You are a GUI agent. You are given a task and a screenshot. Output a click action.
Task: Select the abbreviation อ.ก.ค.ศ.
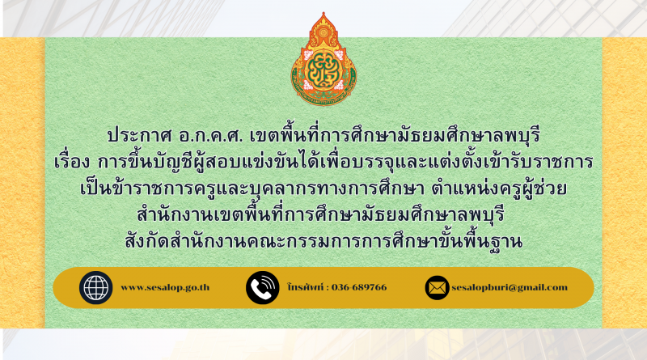211,136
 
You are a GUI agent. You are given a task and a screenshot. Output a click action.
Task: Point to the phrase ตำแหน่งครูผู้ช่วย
499,188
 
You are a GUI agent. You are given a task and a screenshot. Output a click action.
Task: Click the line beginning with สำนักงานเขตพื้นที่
321,214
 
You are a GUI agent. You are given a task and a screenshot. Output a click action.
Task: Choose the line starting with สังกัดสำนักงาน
324,241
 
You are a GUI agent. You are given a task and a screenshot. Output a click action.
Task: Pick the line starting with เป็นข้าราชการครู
323,188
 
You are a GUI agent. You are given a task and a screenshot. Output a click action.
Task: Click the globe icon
95,288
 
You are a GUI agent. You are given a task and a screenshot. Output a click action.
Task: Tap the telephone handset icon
262,288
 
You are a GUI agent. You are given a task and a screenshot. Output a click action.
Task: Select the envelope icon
437,288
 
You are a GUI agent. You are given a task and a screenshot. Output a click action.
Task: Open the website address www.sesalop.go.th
165,288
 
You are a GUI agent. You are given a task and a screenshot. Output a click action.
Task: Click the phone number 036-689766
359,287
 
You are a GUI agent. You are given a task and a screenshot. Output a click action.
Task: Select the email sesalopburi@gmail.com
510,288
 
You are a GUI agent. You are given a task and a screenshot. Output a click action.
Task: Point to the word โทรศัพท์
306,287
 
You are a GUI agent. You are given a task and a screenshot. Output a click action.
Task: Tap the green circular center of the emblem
323,70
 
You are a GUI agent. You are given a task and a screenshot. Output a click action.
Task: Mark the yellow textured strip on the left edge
23,183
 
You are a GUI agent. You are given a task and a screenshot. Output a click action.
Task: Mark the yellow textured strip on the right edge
624,183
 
